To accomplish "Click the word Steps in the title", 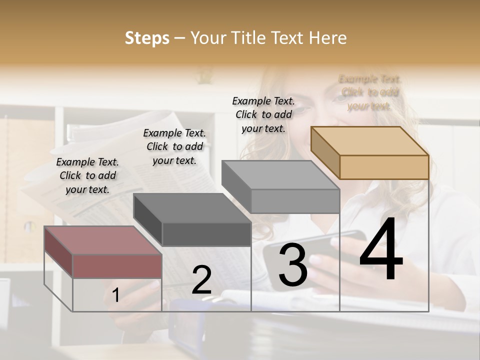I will point(147,38).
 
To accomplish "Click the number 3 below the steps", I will point(293,265).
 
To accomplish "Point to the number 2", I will point(201,280).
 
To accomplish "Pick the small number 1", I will point(115,295).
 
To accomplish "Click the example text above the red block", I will point(87,175).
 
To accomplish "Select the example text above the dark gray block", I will point(174,146).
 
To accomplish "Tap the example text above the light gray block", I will point(263,114).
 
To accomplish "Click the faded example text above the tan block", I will point(369,92).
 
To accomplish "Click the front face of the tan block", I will point(384,167).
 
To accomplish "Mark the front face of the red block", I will point(117,265).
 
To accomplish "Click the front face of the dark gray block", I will point(206,234).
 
